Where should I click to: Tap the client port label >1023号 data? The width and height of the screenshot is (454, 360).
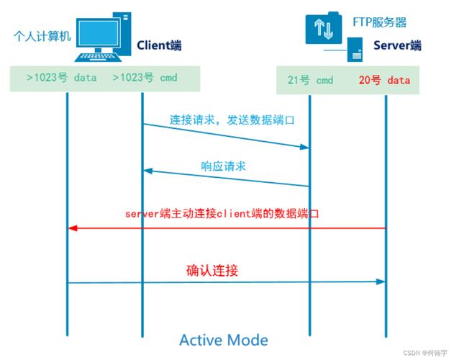61,78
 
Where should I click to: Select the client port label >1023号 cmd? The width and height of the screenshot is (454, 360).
145,78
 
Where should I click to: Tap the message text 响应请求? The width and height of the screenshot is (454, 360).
223,166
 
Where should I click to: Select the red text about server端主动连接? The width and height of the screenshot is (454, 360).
222,213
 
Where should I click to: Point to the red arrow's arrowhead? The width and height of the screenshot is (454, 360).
73,228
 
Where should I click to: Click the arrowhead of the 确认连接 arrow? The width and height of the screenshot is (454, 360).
381,282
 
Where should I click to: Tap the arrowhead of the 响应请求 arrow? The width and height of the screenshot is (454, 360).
147,171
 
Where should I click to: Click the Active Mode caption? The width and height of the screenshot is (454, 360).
223,340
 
